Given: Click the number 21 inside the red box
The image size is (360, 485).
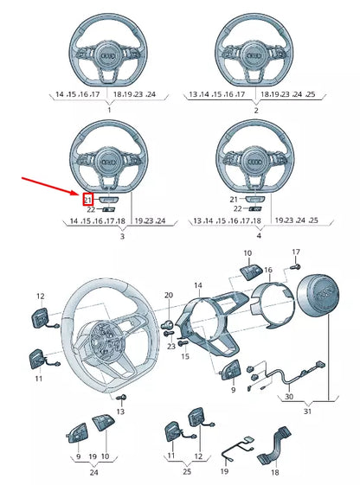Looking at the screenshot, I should pos(88,200).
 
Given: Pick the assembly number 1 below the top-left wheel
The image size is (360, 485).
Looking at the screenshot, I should pos(109,111).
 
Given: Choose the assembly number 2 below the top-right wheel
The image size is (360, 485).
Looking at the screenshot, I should pos(254,111).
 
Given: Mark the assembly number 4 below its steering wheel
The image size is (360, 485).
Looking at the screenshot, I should pos(257,236).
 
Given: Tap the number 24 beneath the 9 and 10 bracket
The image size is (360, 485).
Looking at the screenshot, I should pos(93,474).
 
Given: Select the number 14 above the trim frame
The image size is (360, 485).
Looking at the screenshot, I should pos(198,285).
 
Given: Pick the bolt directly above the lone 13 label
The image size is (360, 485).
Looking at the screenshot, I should pos(121,397).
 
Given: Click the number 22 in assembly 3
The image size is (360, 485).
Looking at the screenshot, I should pos(90,209).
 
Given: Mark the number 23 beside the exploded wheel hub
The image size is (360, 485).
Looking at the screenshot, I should pos(171,345).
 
